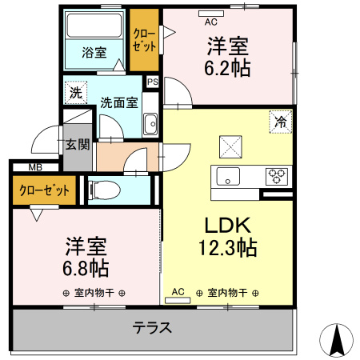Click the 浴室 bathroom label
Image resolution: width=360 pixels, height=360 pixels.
pos(95,53)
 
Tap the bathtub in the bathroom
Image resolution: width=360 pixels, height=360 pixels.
pos(94,28)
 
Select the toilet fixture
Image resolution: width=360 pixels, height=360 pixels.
pos(103,190)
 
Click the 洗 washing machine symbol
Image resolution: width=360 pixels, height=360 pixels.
pos(75,92)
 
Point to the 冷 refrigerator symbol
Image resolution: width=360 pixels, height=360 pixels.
pos(280,122)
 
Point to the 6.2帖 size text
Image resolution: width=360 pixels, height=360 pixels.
pos(227,67)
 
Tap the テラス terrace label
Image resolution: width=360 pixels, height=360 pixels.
pos(152,328)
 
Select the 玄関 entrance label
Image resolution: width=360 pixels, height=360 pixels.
pos(78,145)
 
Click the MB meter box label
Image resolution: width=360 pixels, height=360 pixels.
pos(34,167)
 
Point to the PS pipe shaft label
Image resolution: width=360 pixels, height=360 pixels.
pos(152,80)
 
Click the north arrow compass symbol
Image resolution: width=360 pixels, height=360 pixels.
pos(337,342)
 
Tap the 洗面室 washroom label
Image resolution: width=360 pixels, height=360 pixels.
pos(118,102)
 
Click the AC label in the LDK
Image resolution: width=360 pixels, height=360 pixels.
pos(178,291)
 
